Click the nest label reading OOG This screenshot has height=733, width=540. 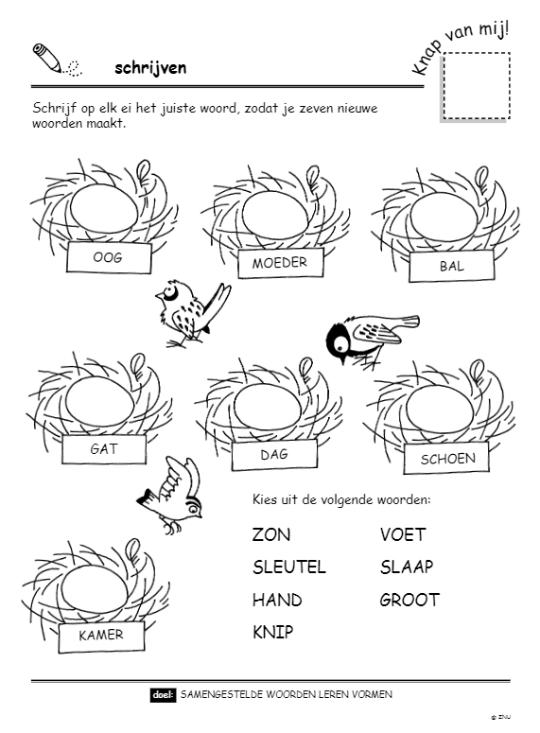109,257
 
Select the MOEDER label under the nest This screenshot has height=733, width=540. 280,263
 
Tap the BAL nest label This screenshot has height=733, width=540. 452,266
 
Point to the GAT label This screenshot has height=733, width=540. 104,449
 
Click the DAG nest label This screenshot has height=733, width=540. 274,454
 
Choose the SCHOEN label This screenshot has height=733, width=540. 447,459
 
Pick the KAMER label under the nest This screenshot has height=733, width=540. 101,636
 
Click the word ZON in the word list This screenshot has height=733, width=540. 271,534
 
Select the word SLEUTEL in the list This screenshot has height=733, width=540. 289,567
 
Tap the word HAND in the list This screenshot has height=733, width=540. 277,600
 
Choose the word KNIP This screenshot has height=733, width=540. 273,632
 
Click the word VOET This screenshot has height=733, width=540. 403,534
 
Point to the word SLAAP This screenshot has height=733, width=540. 407,567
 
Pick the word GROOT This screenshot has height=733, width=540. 409,600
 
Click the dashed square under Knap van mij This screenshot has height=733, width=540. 476,86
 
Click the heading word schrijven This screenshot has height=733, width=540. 150,68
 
